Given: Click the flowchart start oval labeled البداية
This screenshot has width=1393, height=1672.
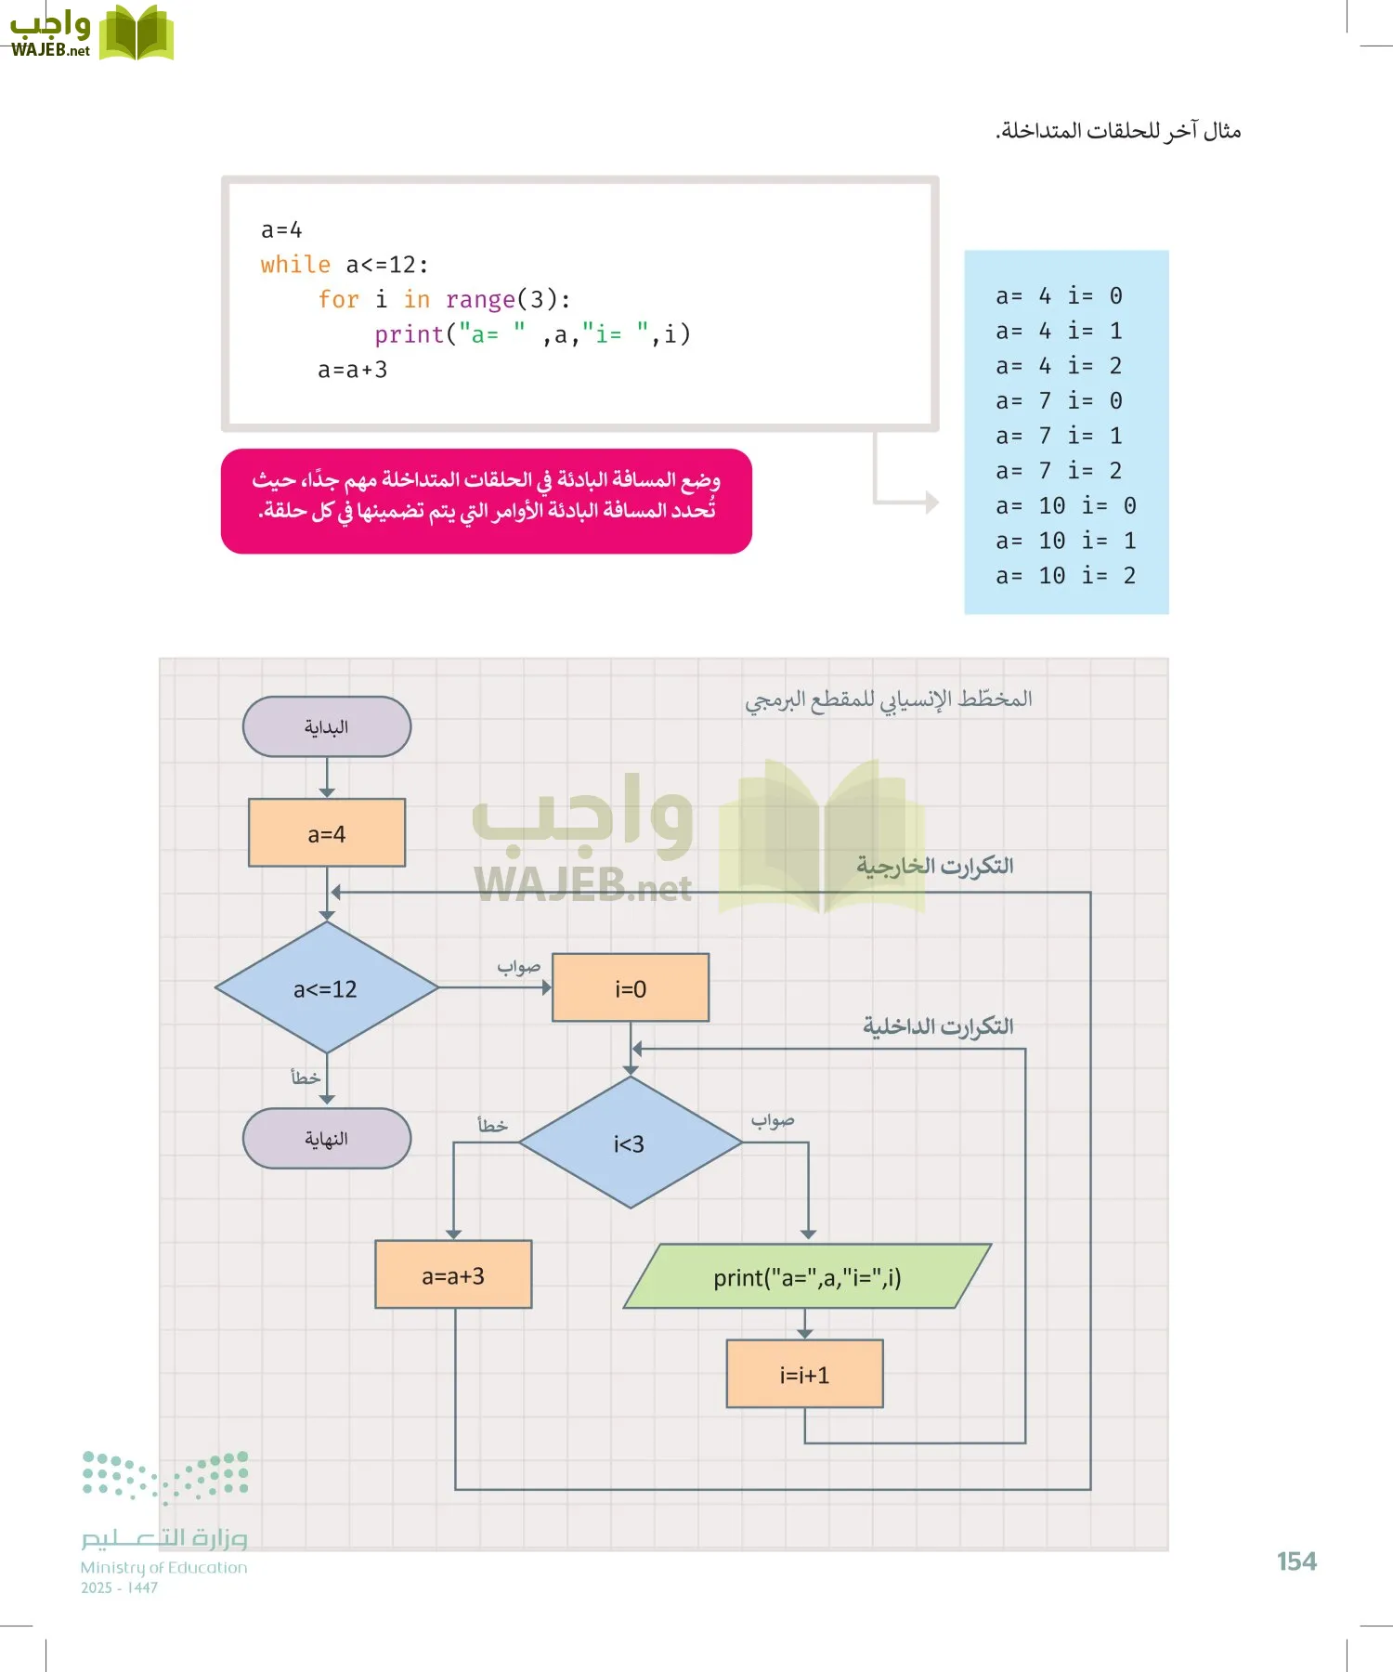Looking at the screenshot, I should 326,726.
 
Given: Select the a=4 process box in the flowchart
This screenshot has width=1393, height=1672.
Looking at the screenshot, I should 326,833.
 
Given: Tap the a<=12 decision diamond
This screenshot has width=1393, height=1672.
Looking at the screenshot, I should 326,988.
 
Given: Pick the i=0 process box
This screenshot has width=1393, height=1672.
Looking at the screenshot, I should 631,988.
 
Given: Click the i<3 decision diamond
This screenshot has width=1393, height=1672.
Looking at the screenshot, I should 630,1143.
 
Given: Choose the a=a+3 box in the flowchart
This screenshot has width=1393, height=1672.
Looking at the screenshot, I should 453,1275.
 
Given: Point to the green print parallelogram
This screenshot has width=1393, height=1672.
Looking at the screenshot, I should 806,1277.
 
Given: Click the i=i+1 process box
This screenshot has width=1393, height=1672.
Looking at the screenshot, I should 804,1374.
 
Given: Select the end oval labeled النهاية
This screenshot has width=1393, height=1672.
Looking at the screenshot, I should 326,1139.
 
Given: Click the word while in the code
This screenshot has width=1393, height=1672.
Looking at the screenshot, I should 295,265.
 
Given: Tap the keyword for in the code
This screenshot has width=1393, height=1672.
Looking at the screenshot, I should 338,299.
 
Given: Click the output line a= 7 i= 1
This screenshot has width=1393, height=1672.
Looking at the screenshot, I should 1059,436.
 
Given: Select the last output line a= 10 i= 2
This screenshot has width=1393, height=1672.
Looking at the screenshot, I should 1065,576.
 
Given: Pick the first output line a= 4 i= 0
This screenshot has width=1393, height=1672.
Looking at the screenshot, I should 1059,296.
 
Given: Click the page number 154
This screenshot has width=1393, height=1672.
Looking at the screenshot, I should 1296,1561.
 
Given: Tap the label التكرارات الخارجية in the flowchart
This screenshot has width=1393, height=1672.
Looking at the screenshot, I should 934,866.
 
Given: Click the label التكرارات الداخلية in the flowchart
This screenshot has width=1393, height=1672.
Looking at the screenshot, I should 938,1026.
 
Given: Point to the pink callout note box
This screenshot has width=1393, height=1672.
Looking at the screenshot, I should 486,501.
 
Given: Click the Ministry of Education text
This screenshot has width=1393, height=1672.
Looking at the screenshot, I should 163,1568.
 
